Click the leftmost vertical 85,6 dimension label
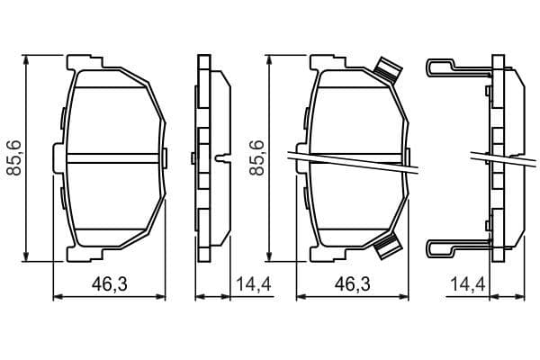13,157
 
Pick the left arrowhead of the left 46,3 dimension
58,295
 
